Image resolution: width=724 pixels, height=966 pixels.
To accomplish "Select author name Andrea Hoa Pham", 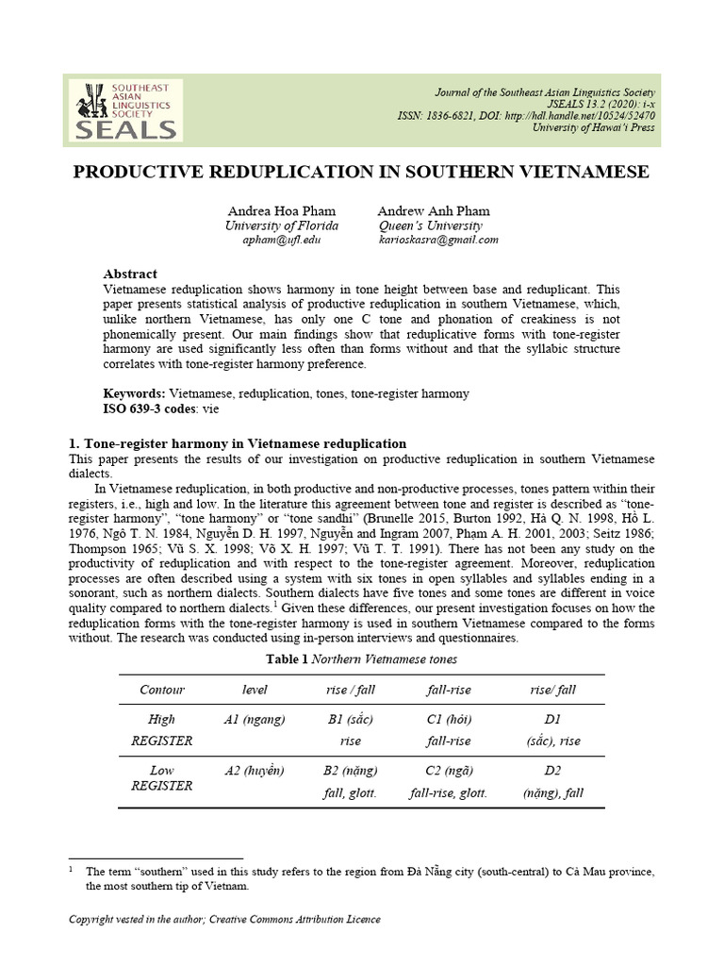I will click(x=280, y=210).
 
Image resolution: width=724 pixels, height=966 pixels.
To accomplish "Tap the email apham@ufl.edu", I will click(x=282, y=241).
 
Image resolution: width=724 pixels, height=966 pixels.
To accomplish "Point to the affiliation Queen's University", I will click(x=430, y=225).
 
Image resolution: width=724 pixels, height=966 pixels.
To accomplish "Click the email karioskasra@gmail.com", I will click(x=437, y=241).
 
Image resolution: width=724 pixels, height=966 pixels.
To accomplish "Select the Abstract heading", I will click(x=130, y=274).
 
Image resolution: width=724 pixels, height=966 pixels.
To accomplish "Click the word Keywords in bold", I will click(x=133, y=392).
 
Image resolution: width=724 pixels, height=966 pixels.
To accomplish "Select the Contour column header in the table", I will click(x=161, y=690).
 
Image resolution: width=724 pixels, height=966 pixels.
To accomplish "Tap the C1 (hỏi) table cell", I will click(x=448, y=719).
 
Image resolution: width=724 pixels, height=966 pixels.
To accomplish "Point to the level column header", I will click(x=255, y=690).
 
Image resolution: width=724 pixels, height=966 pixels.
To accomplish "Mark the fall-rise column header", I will click(x=448, y=690).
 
